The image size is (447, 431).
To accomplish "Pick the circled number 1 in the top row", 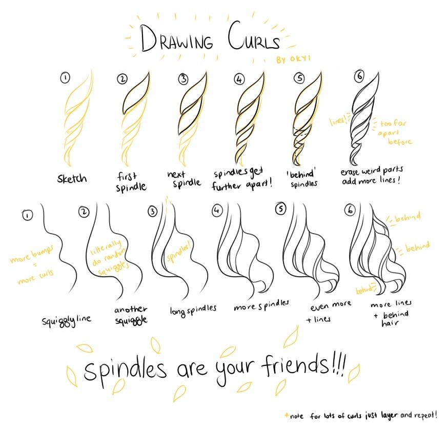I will [65, 78].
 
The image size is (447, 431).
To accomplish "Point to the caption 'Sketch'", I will [72, 179].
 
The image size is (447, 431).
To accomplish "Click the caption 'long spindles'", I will [193, 309].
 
